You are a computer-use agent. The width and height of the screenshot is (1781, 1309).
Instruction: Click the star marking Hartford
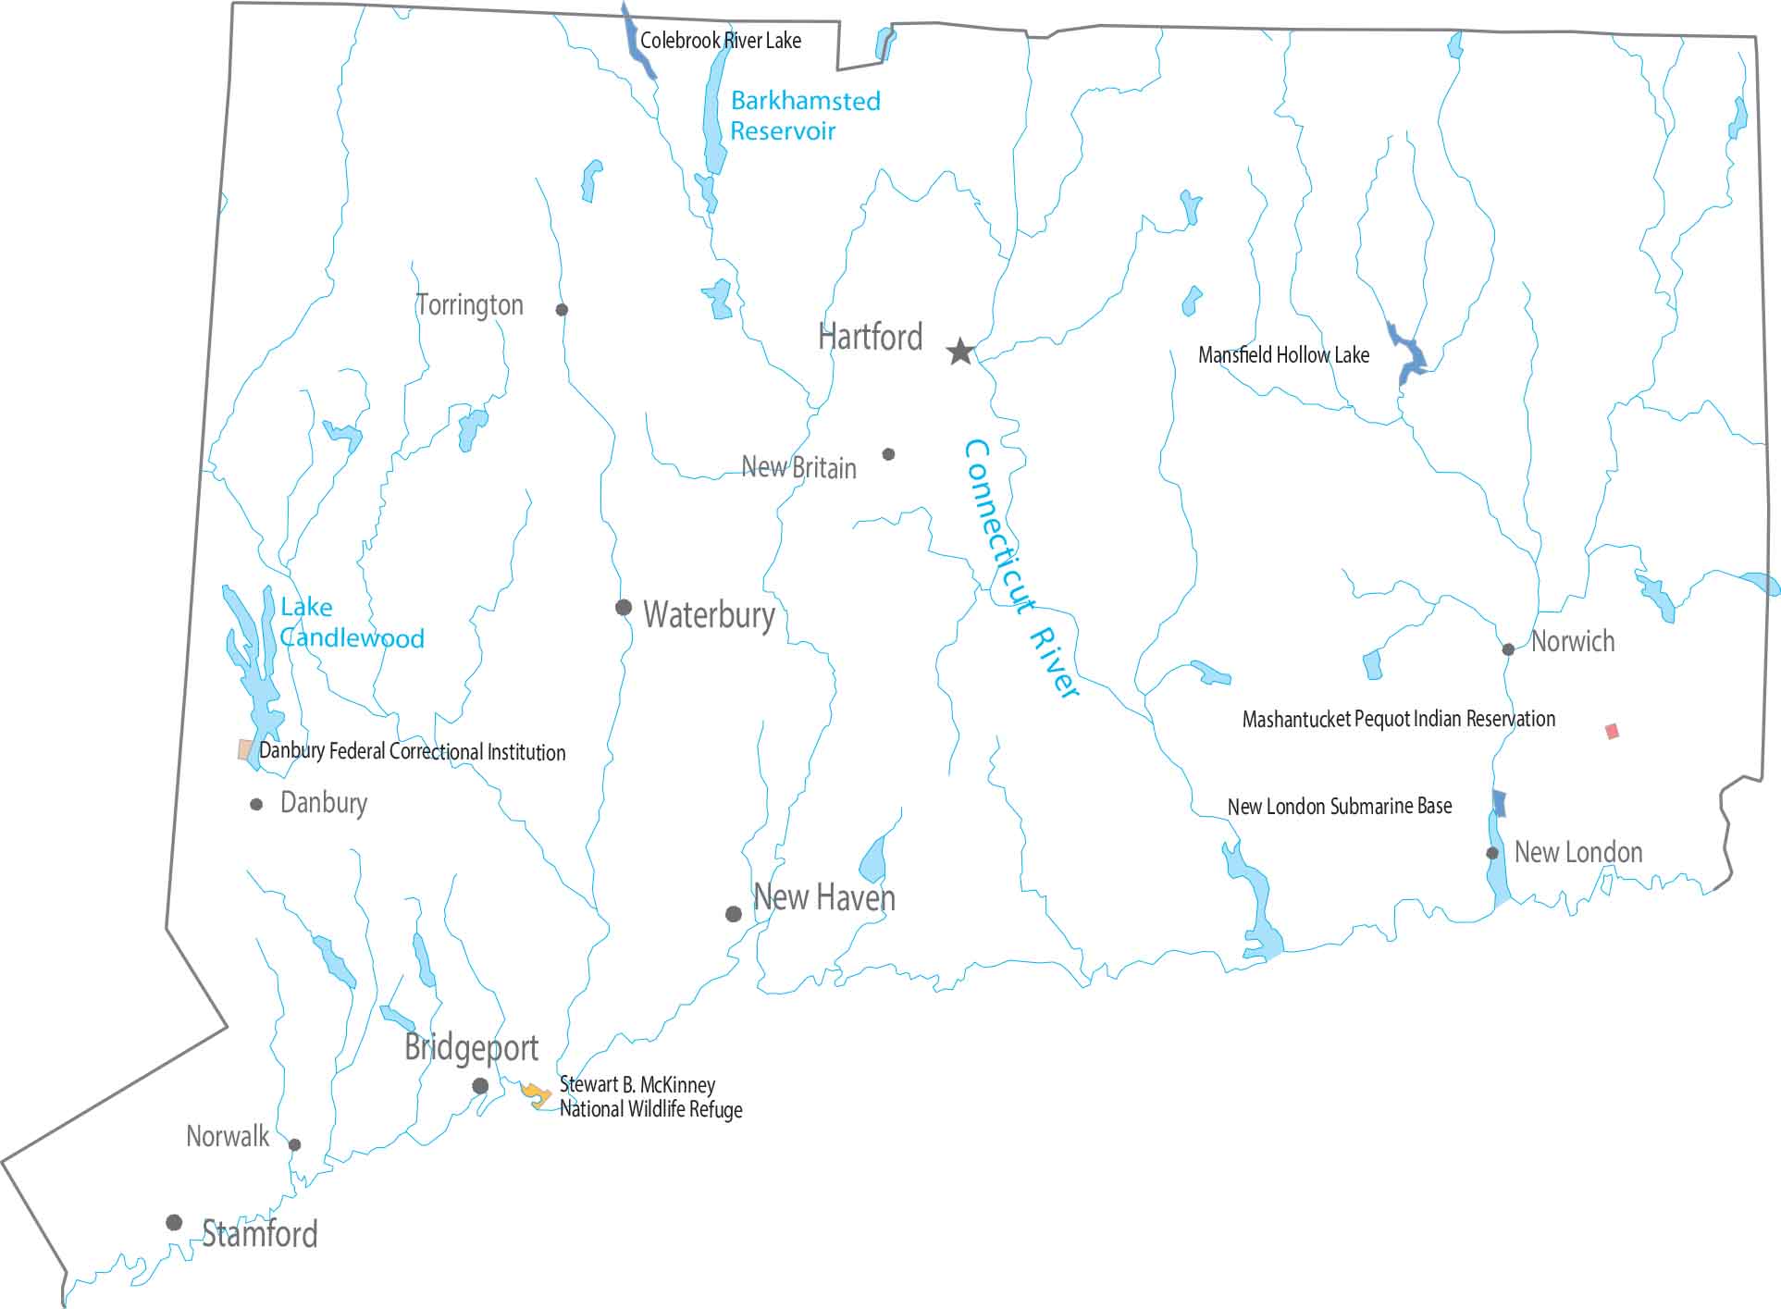(x=960, y=352)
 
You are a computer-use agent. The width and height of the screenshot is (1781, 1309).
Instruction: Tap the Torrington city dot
(x=562, y=310)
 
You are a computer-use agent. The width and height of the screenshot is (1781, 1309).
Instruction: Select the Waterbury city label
(x=709, y=614)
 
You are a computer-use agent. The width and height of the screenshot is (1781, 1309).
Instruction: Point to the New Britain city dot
(x=888, y=454)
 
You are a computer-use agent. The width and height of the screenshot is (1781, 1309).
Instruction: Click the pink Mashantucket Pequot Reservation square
(x=1612, y=732)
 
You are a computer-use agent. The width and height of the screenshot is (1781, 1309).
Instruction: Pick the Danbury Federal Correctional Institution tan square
(x=245, y=749)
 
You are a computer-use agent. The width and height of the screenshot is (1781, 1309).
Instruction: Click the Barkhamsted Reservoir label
(x=804, y=116)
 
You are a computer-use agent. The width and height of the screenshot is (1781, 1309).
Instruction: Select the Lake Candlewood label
(x=352, y=623)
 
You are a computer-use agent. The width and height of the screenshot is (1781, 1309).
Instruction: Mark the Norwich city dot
(x=1508, y=649)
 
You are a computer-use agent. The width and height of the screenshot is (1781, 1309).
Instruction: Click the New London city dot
(x=1492, y=853)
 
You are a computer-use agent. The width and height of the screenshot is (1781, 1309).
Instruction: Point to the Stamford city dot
(x=174, y=1222)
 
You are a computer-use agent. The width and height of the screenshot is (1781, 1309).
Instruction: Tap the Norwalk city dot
(x=294, y=1144)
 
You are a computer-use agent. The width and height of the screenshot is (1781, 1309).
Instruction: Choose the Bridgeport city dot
(x=480, y=1085)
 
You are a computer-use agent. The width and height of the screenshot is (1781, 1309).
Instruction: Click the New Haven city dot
(x=734, y=914)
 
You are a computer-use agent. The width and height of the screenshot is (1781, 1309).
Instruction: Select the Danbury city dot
(x=256, y=805)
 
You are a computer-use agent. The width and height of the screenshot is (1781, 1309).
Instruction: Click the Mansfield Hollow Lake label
(x=1283, y=355)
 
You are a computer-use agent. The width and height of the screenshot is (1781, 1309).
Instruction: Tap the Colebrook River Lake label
(x=721, y=41)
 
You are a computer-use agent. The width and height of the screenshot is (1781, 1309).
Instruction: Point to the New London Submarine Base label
(x=1339, y=807)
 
